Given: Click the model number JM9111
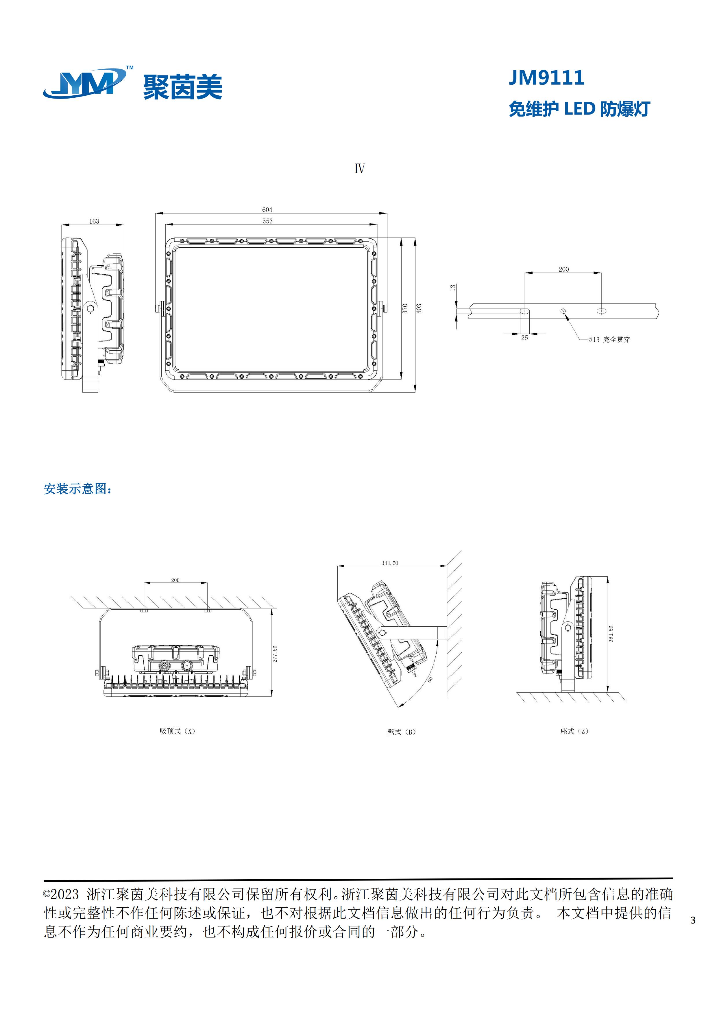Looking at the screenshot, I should point(546,78).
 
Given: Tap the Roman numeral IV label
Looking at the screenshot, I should point(359,169).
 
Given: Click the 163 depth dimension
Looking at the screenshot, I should point(94,221).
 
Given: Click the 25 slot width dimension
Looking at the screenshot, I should point(524,338).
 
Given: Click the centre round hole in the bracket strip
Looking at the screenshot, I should point(563,311).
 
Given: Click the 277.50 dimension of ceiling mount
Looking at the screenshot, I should point(275,654).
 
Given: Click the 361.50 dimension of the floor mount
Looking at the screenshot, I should point(611,634).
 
